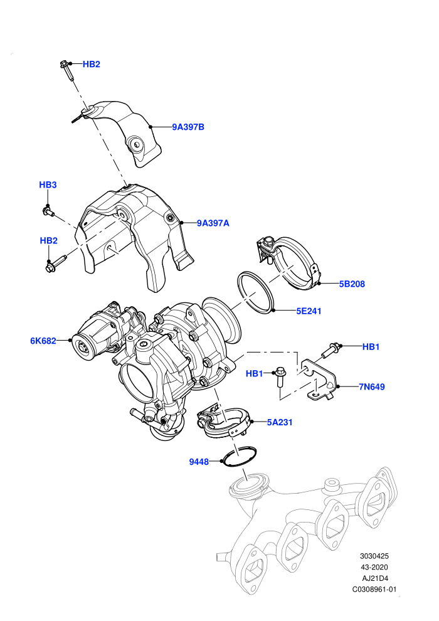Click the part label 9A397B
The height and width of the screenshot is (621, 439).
(188, 127)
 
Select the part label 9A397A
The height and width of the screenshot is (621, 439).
(213, 223)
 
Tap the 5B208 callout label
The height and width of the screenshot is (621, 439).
(352, 284)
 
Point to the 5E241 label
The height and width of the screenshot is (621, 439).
(309, 311)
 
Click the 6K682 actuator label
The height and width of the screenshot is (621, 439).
(43, 341)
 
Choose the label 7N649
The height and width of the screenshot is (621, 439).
(372, 386)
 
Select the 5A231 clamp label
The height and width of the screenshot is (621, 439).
(280, 422)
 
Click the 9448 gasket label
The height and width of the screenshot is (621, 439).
(199, 462)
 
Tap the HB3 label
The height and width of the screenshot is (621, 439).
(48, 184)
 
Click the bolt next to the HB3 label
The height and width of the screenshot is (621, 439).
(48, 211)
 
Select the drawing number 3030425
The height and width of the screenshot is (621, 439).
(374, 556)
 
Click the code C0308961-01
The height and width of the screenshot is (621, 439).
(374, 589)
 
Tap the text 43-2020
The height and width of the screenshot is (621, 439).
(374, 567)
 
